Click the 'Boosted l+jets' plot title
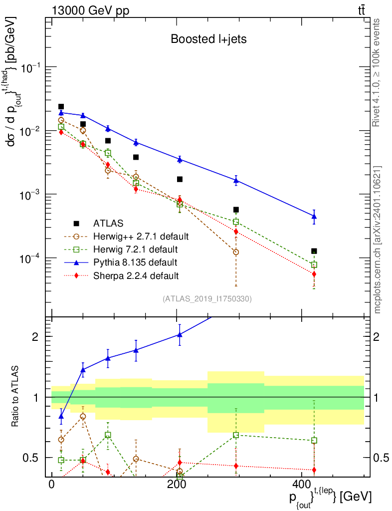[208, 39]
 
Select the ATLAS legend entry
[108, 223]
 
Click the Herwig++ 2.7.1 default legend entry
[141, 236]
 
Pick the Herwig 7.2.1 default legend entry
[136, 250]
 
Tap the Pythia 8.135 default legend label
[135, 262]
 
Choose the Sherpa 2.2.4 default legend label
[136, 276]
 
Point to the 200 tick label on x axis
[177, 484]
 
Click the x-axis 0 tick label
[51, 484]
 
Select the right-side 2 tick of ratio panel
[377, 337]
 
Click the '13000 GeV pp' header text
[90, 10]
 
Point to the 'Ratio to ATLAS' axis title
[14, 396]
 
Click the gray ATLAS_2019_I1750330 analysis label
[207, 299]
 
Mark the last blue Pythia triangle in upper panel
[314, 216]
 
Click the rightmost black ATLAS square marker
[314, 252]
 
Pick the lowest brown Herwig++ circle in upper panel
[236, 252]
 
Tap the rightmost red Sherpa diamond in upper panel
[314, 274]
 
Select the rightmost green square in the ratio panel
[314, 441]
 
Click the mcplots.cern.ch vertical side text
[377, 240]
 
